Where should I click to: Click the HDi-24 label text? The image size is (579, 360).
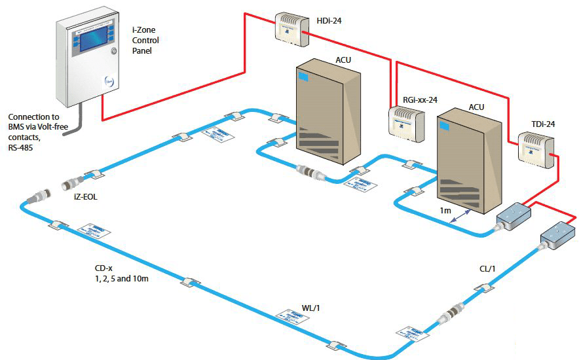pos(329,21)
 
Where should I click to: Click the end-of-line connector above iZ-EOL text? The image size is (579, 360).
pos(73,180)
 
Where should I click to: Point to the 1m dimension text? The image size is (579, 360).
pos(446,209)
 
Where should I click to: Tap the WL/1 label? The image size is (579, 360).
pos(310,306)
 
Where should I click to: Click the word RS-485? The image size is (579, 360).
pos(22,148)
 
